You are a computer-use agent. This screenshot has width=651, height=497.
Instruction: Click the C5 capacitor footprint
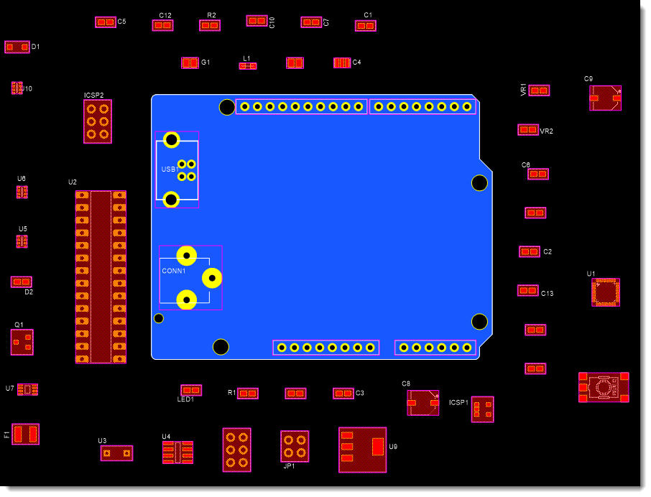106,22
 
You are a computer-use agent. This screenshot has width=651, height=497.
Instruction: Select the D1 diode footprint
17,47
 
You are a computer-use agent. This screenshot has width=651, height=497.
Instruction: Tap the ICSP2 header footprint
98,121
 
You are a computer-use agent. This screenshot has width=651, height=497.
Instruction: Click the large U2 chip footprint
101,277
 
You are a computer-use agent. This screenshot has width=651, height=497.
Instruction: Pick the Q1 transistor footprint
22,343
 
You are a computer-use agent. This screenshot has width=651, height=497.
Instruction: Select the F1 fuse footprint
26,434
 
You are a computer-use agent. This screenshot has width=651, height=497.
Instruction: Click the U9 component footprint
363,450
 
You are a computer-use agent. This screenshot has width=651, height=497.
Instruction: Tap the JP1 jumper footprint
295,446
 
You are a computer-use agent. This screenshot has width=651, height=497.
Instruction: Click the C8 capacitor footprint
423,403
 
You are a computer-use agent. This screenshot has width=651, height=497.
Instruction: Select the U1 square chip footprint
606,292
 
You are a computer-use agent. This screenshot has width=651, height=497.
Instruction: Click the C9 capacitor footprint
605,98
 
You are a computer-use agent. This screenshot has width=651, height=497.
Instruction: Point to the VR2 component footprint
528,130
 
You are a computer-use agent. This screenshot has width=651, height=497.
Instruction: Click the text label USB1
170,169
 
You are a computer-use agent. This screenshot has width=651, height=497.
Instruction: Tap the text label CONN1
174,271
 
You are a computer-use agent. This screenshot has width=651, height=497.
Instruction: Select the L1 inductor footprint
248,66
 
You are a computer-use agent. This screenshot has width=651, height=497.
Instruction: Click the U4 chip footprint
177,452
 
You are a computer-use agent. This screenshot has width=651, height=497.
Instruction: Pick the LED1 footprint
191,390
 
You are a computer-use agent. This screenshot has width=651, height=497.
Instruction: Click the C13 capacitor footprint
528,291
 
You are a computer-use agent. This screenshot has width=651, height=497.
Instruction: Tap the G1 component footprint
190,63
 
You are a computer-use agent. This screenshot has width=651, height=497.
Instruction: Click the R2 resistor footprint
210,26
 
